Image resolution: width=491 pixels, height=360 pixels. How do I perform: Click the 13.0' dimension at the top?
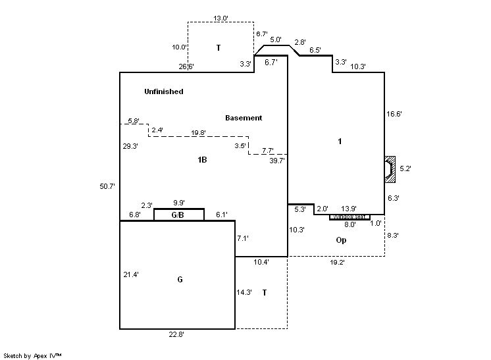click(220, 18)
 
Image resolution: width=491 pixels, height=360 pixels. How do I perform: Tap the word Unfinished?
click(164, 91)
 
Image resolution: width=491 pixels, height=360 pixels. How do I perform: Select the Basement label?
click(244, 118)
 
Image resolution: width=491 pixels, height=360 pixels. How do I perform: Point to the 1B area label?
click(203, 160)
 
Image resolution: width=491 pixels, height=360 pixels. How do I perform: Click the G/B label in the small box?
click(178, 215)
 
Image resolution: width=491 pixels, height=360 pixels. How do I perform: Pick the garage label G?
click(180, 280)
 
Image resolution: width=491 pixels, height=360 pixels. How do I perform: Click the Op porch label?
click(341, 240)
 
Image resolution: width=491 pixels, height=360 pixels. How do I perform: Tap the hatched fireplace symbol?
click(390, 168)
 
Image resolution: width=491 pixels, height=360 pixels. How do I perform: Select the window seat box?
click(349, 217)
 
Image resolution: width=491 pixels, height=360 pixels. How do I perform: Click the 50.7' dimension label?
click(107, 186)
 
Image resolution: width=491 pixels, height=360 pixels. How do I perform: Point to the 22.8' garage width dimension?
click(176, 334)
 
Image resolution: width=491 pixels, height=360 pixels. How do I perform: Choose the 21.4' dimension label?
click(131, 274)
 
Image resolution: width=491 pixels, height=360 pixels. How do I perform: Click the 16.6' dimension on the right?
click(394, 114)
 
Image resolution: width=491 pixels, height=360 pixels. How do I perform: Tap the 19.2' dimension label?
click(338, 262)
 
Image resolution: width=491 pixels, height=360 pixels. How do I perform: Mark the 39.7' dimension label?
click(277, 160)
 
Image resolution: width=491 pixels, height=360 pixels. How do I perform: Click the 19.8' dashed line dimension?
click(198, 132)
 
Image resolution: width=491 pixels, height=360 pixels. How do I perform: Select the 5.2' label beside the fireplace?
click(405, 168)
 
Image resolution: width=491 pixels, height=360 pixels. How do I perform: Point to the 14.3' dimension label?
click(244, 292)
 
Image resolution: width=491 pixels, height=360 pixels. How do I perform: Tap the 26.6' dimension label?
click(186, 66)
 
